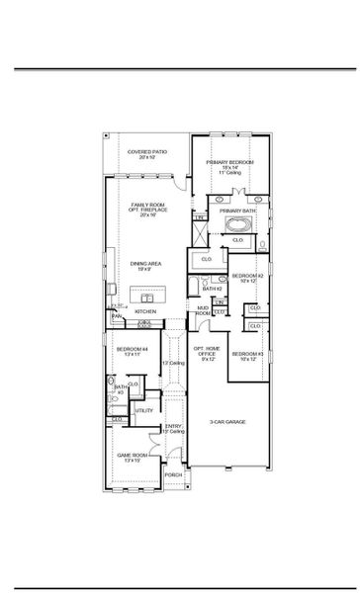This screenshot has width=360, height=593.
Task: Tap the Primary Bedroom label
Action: tap(230, 164)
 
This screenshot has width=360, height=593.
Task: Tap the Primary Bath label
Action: tap(238, 210)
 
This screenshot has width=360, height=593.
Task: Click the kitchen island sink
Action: tap(146, 296)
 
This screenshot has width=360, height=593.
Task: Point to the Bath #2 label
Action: tap(210, 288)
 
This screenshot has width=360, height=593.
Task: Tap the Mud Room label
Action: tap(202, 310)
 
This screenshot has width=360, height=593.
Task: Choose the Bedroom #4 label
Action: tap(132, 351)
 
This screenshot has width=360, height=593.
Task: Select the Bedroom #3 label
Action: tap(246, 356)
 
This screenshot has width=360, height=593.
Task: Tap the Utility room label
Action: tap(143, 410)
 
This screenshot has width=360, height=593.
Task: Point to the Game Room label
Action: tap(133, 458)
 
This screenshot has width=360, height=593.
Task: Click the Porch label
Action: tap(173, 474)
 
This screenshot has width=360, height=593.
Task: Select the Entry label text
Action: tap(174, 429)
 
